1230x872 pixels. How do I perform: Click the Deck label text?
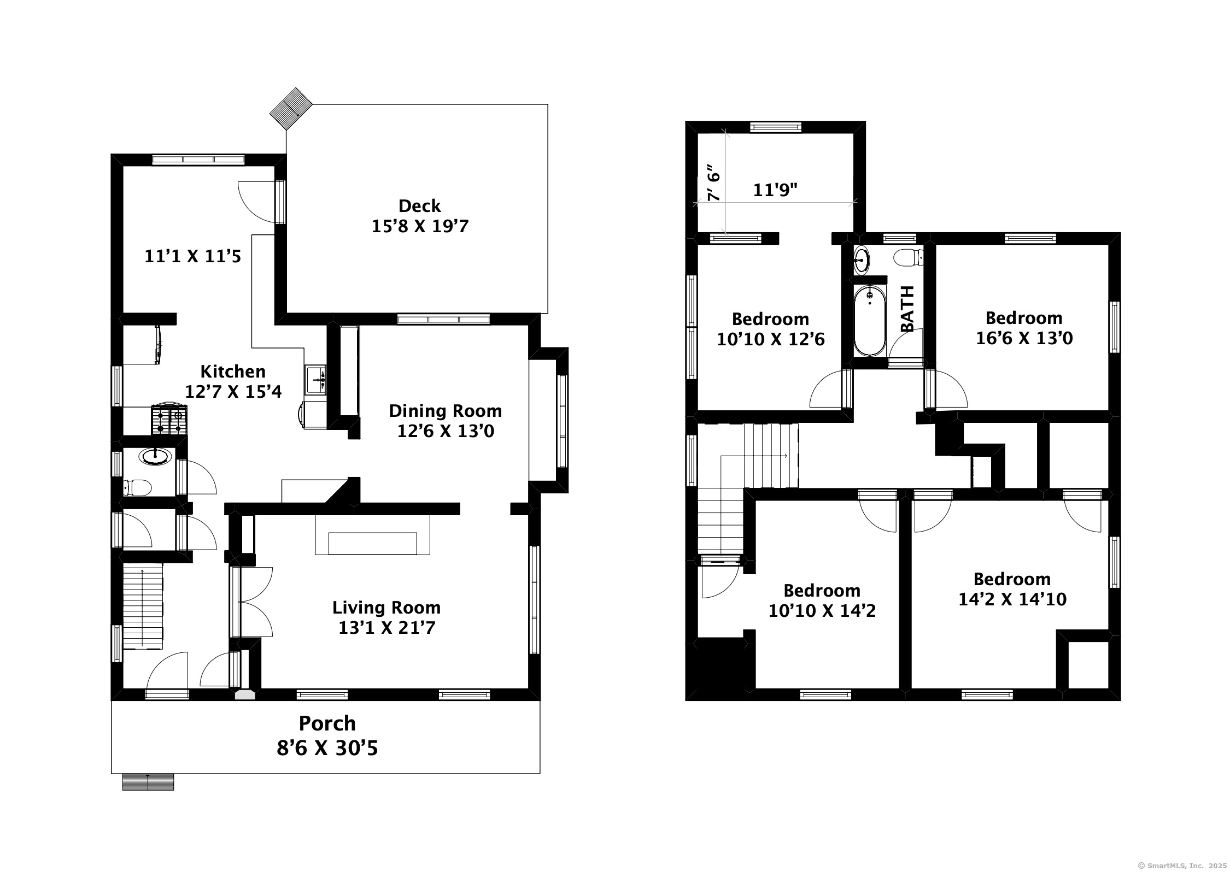[419, 206]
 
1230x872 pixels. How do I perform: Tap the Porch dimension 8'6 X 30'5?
[327, 748]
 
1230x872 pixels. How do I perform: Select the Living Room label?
[386, 608]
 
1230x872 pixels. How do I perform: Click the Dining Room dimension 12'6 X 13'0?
[445, 431]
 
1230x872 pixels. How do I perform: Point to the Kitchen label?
[233, 372]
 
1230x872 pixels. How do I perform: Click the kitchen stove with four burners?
[169, 420]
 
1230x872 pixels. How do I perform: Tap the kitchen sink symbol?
[316, 379]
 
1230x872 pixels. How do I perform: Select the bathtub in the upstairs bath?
[869, 322]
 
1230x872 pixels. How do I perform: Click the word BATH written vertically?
[907, 309]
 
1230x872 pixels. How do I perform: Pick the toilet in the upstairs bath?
[909, 257]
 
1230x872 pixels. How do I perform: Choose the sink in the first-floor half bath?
[156, 456]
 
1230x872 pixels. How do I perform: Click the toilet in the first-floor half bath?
[137, 487]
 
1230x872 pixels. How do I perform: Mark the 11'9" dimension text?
[775, 190]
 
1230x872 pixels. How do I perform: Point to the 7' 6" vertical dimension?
[714, 182]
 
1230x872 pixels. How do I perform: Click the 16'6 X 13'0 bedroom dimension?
[1024, 338]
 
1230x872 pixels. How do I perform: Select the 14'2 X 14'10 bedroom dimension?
[1012, 599]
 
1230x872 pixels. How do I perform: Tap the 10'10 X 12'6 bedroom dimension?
[770, 339]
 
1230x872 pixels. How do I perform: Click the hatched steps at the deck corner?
[290, 108]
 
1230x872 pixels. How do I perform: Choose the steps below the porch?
[148, 782]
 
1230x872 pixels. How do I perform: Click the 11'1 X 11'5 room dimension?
[192, 256]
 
